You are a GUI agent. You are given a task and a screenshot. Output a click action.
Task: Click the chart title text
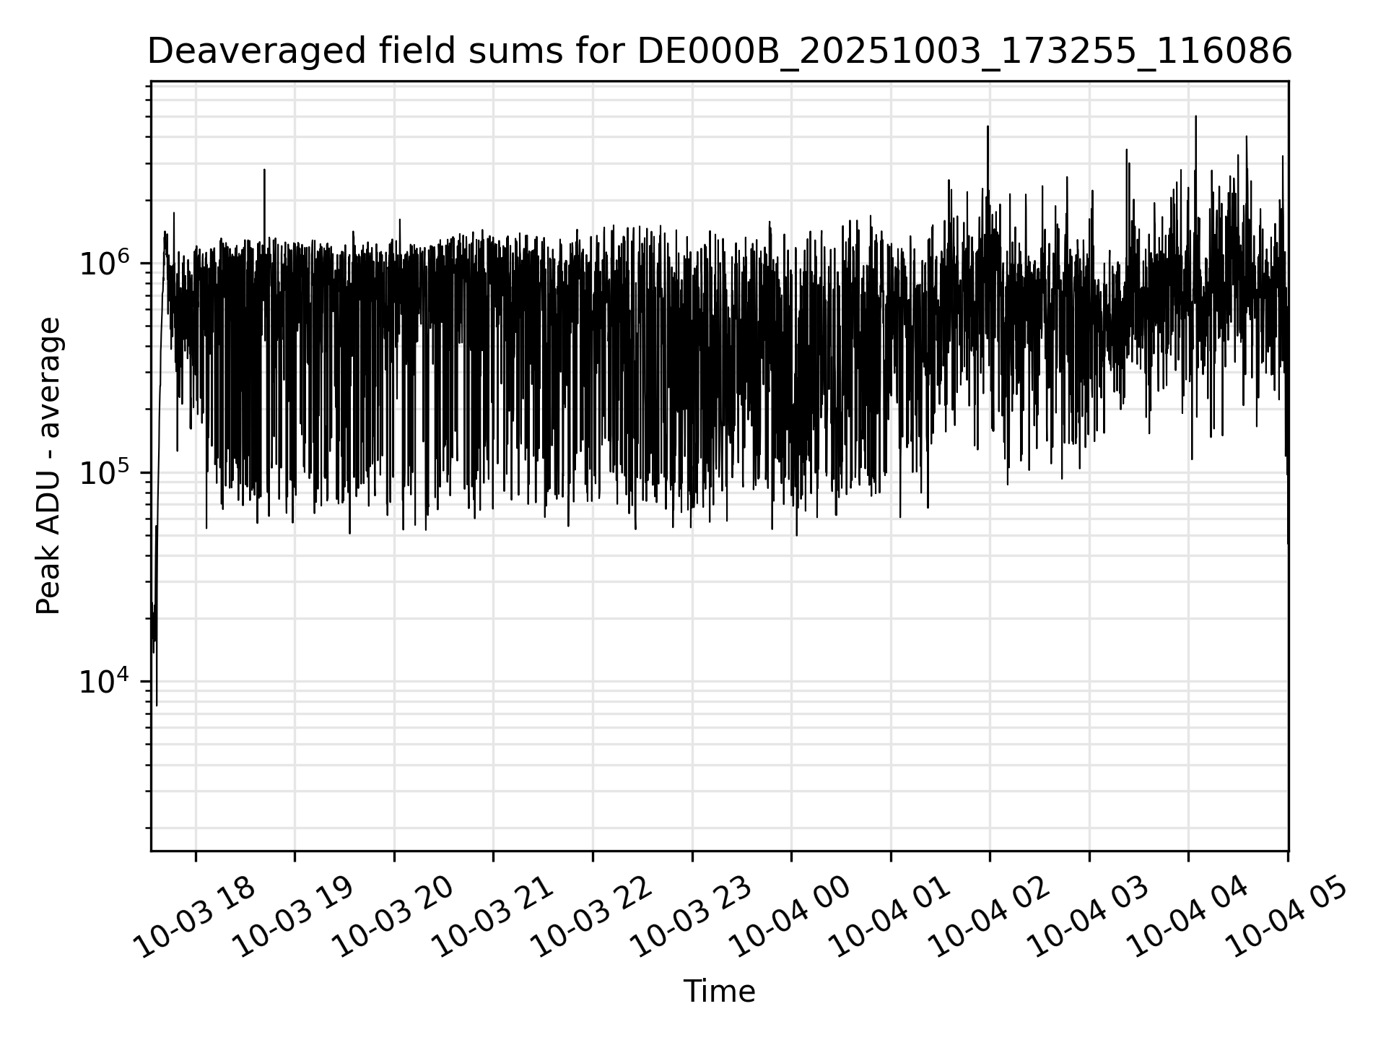click(719, 52)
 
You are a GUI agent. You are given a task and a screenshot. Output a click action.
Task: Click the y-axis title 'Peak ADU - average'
click(49, 467)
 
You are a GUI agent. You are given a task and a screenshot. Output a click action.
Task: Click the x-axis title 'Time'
click(719, 992)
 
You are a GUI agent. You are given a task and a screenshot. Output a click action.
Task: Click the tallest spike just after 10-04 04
click(1195, 117)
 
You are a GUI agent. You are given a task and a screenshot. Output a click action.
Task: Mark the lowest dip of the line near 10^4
click(157, 704)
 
